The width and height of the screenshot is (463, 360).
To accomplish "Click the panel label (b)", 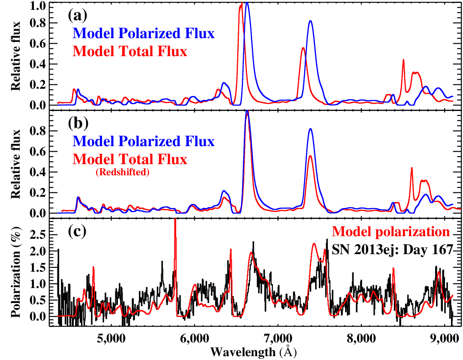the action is click(78, 123).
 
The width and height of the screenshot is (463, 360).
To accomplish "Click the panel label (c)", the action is click(77, 231).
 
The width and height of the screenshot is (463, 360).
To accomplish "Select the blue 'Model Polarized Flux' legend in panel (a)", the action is click(144, 33).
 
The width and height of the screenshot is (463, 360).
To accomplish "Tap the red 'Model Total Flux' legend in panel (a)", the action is click(130, 51).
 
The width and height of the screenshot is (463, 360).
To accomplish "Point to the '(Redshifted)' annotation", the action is click(123, 172).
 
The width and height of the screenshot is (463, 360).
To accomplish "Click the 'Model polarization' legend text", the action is click(391, 231).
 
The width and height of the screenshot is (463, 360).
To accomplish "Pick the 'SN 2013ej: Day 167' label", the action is click(392, 249).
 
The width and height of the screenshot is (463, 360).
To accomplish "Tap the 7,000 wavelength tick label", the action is click(278, 338).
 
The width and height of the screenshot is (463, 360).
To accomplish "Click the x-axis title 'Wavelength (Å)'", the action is click(253, 352).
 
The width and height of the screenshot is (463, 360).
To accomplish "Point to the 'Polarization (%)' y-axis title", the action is click(16, 272).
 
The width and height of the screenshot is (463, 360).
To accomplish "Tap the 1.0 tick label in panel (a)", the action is click(37, 6).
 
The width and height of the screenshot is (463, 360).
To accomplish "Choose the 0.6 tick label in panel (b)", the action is click(37, 152).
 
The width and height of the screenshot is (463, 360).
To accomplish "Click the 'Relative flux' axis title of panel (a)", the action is click(16, 56).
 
